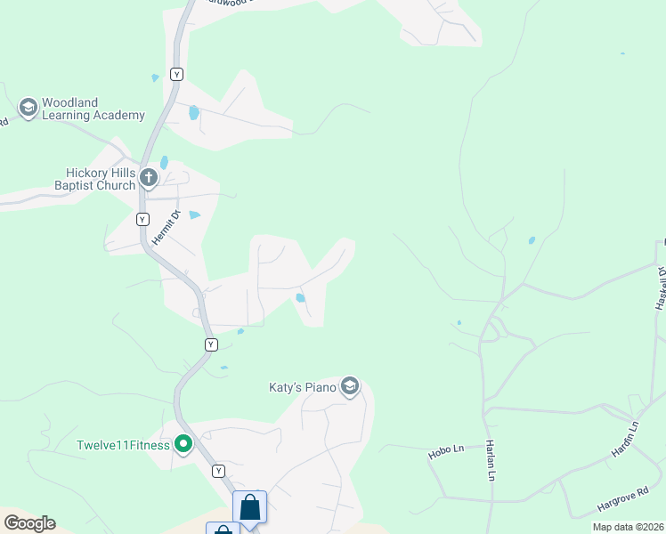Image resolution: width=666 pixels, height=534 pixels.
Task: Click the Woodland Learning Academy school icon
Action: [28, 108]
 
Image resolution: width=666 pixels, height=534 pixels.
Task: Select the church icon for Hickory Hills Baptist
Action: [149, 179]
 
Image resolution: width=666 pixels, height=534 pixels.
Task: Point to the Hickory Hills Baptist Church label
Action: [100, 179]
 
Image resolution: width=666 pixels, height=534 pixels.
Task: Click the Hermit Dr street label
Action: [165, 228]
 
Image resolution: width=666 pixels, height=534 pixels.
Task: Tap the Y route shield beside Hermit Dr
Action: [142, 219]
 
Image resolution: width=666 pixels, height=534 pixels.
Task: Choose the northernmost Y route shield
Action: [177, 75]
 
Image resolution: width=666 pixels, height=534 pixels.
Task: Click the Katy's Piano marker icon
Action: [350, 387]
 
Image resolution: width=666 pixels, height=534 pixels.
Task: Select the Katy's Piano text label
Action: [303, 387]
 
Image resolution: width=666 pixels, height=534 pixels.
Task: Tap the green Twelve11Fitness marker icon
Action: [183, 443]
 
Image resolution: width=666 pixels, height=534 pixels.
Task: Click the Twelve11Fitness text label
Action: [123, 445]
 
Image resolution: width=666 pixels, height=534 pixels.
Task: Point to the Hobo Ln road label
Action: [447, 452]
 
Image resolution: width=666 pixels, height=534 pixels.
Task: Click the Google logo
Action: [29, 523]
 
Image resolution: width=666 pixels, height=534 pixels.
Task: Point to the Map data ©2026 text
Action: [628, 527]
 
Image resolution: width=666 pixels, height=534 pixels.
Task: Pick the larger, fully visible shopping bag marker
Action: [250, 508]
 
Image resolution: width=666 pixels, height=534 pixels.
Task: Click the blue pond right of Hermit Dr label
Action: [194, 215]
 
